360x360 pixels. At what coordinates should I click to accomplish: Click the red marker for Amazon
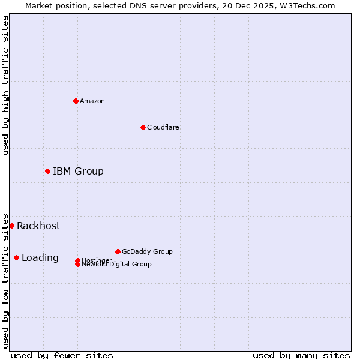pos(76,101)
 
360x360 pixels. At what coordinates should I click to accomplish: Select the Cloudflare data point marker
pos(143,127)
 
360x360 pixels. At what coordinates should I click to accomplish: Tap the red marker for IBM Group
pos(47,172)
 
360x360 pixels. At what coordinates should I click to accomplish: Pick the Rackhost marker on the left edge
pos(11,226)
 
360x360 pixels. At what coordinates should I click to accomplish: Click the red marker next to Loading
pos(16,258)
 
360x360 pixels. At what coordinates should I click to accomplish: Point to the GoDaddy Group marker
pos(118,251)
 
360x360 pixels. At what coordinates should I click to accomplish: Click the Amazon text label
pos(92,101)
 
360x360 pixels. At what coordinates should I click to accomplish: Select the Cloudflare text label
pos(163,127)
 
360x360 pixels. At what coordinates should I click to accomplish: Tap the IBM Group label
pos(78,172)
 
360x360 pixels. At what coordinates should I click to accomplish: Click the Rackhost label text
pos(38,226)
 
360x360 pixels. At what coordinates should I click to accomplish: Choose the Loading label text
pos(40,258)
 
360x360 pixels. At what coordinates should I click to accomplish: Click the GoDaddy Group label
pos(147,251)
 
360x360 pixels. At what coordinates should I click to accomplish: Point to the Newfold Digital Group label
pos(116,265)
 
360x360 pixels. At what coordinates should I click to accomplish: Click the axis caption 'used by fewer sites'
pos(62,355)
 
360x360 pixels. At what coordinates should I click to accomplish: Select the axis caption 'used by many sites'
pos(301,355)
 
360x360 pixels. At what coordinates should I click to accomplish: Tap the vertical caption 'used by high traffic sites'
pos(5,85)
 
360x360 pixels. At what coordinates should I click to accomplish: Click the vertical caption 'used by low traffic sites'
pos(5,280)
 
